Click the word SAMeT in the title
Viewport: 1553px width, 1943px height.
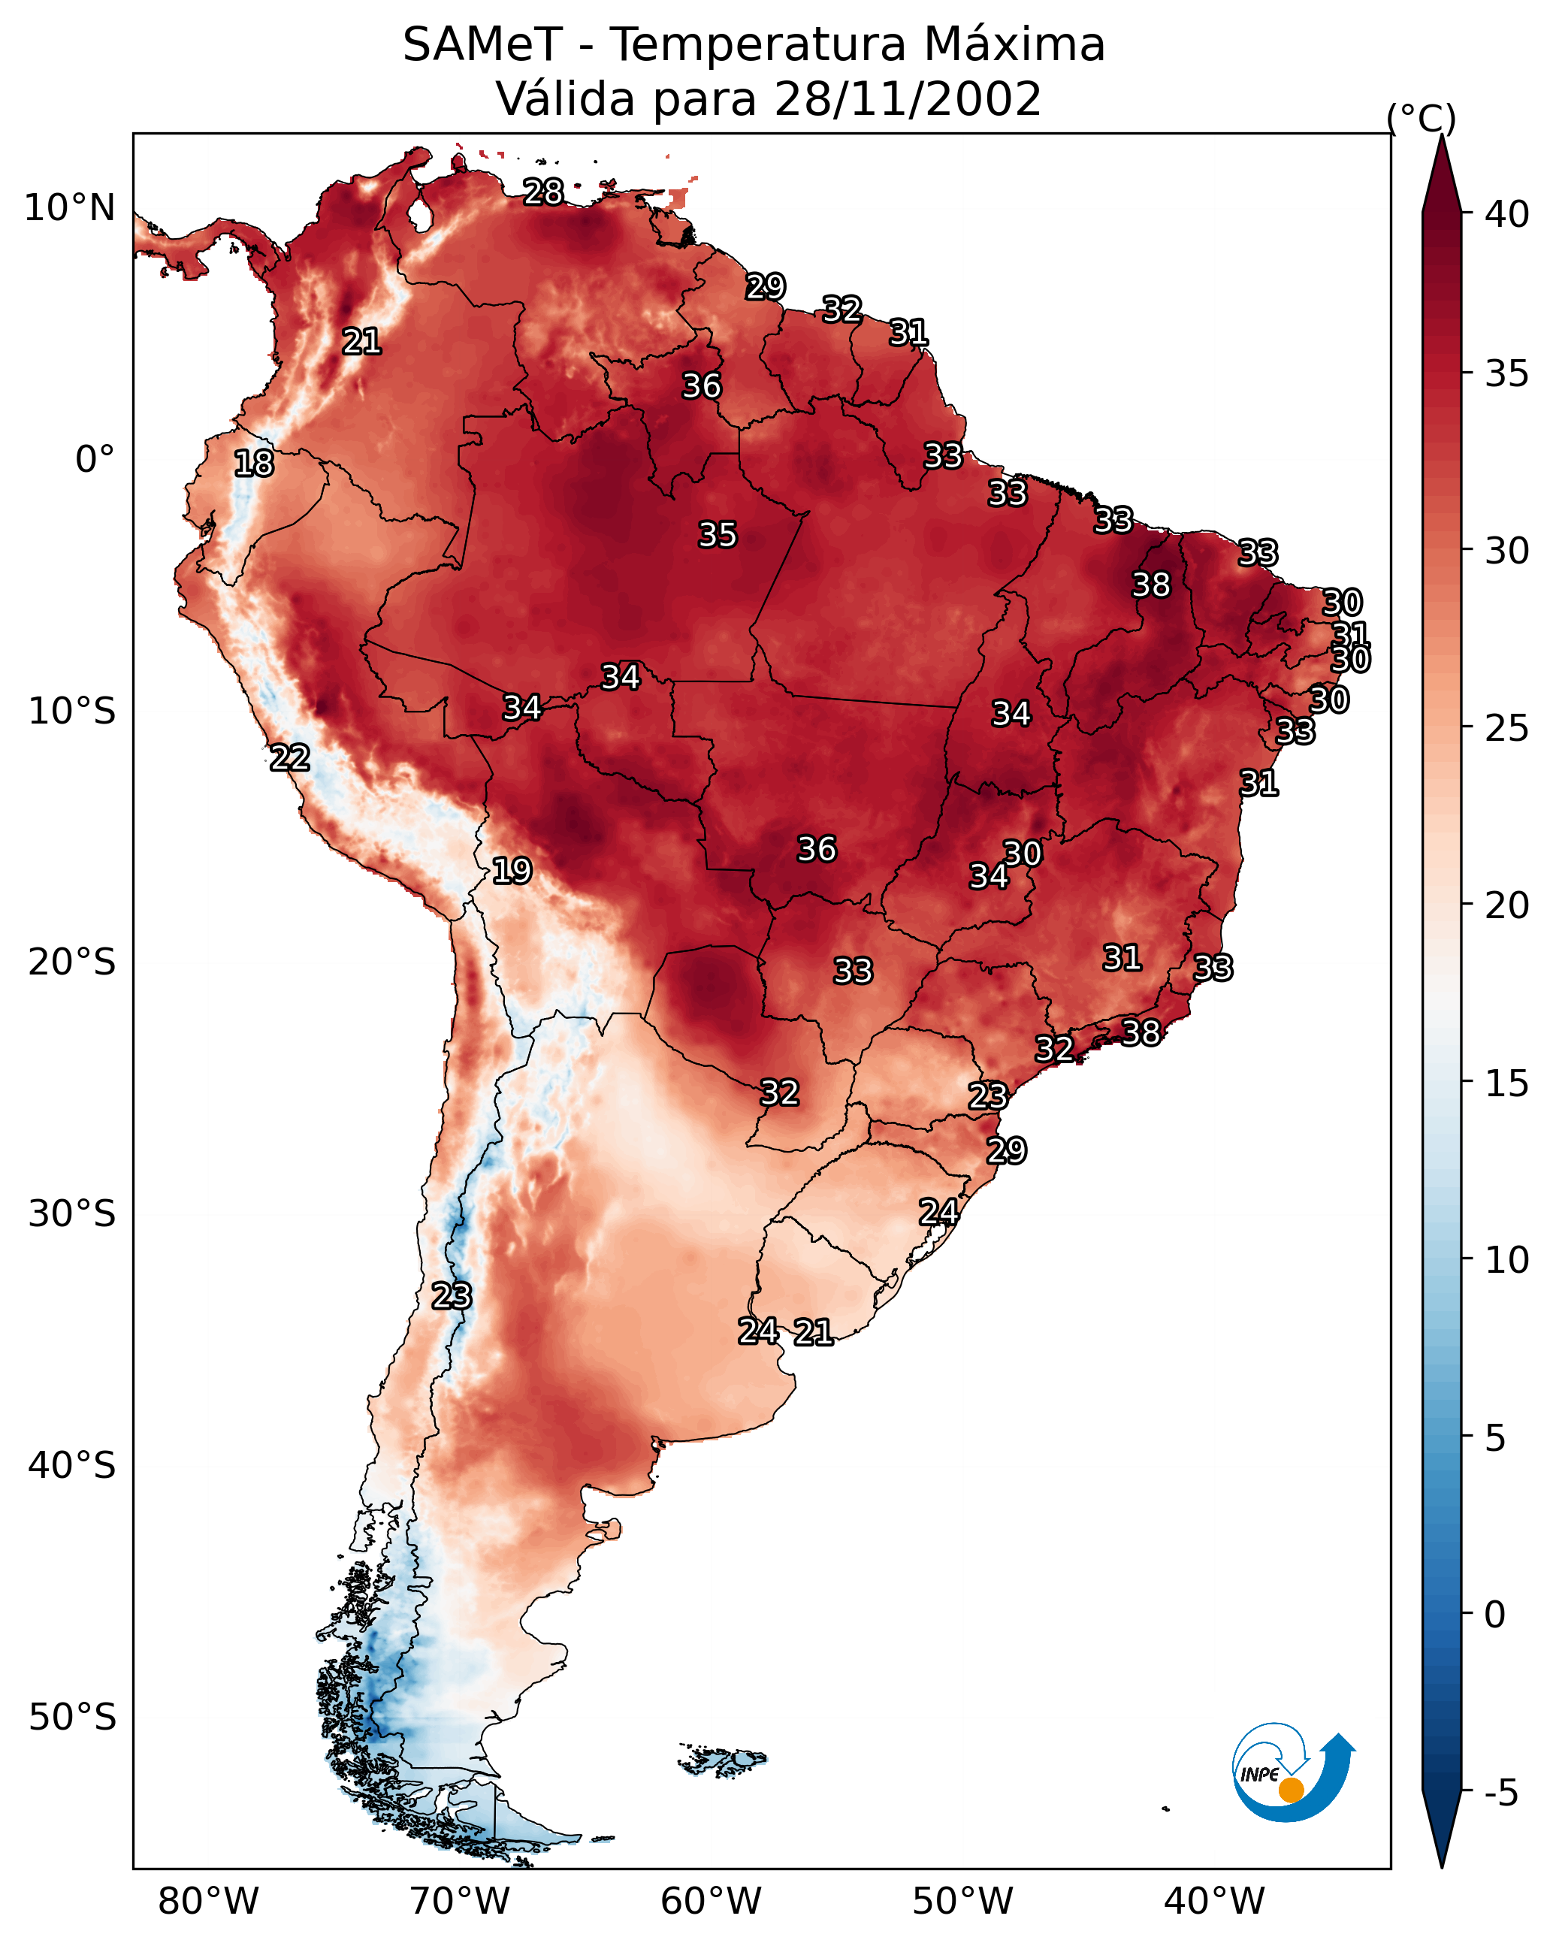point(482,45)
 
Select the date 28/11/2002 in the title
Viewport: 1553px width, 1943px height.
point(907,99)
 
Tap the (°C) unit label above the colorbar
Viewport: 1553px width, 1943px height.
point(1421,118)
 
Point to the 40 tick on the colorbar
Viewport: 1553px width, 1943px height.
point(1507,214)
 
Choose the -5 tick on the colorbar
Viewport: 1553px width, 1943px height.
point(1500,1793)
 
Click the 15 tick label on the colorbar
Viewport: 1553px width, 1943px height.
point(1507,1083)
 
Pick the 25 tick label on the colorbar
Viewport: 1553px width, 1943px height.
point(1507,728)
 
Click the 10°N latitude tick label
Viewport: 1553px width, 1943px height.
point(69,208)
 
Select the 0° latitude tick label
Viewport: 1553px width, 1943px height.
point(95,460)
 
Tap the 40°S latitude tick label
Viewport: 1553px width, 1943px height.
point(71,1465)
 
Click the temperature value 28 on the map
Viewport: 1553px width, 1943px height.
point(543,192)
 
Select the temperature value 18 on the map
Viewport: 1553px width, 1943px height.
point(254,464)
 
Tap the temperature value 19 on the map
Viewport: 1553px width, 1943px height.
point(512,871)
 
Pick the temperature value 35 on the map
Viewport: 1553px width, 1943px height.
point(718,534)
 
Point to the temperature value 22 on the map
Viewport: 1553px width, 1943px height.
point(290,758)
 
